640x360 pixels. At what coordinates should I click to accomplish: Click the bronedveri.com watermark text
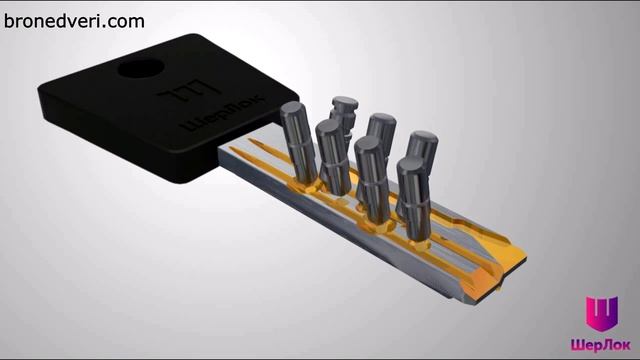pos(74,21)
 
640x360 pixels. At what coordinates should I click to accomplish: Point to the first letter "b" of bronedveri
pos(8,21)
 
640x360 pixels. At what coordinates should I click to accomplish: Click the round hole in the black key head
pos(141,69)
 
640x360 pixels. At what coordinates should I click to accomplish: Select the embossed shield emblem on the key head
pos(188,91)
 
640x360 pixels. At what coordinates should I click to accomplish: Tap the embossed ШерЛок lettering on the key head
pos(223,114)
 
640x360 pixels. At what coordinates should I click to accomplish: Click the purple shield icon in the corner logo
pos(602,313)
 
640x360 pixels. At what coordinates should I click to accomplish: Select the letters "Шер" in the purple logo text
pos(585,345)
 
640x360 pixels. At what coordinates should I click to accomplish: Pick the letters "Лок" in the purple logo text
pos(616,345)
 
